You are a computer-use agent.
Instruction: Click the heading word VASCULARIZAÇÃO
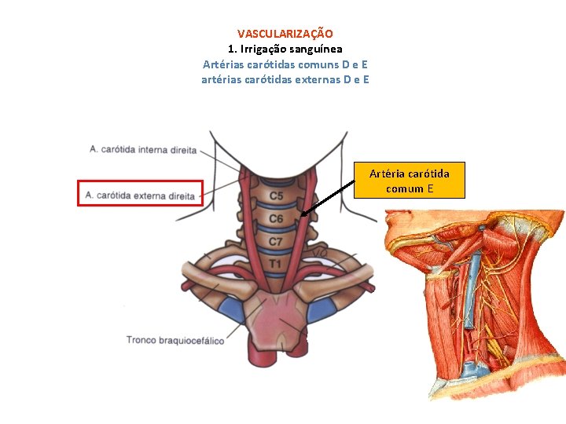[x=285, y=34]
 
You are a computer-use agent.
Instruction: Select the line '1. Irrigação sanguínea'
[x=285, y=49]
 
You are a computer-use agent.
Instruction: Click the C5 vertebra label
[x=277, y=196]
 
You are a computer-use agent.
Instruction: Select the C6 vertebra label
[x=276, y=219]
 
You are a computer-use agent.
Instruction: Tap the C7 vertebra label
[x=276, y=242]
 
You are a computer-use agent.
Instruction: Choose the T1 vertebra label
[x=275, y=265]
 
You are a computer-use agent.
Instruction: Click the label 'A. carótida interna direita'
[x=142, y=149]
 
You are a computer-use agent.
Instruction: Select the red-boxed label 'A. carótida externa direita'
[x=140, y=194]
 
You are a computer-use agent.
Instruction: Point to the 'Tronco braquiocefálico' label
[x=175, y=340]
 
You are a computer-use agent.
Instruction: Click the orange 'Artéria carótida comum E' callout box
[x=410, y=181]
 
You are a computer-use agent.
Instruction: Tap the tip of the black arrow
[x=302, y=214]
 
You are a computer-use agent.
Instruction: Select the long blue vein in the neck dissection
[x=472, y=275]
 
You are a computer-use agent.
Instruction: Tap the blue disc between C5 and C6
[x=276, y=207]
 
